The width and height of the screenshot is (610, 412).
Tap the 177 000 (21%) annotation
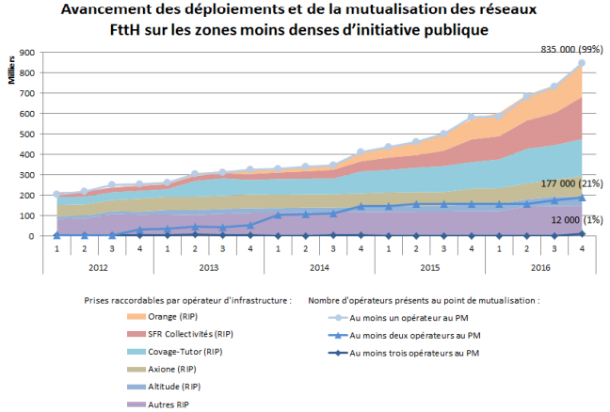tap(569, 183)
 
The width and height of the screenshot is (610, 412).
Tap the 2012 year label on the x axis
tap(98, 266)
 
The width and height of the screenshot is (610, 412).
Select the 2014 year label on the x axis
tap(318, 266)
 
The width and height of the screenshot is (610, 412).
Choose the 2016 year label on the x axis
tap(539, 266)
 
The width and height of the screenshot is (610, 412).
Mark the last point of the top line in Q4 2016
tap(582, 64)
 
